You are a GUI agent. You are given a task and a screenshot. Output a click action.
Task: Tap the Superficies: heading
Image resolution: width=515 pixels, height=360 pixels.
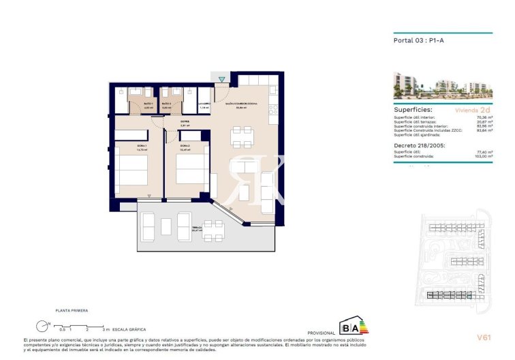pyautogui.click(x=413, y=109)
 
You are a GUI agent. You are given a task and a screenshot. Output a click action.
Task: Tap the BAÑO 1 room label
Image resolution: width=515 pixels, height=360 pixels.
pyautogui.click(x=129, y=104)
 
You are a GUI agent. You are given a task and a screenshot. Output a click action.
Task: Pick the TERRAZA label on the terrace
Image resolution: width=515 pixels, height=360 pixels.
pyautogui.click(x=196, y=230)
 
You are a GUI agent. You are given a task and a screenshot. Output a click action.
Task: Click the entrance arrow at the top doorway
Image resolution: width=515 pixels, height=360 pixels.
pyautogui.click(x=221, y=80)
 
